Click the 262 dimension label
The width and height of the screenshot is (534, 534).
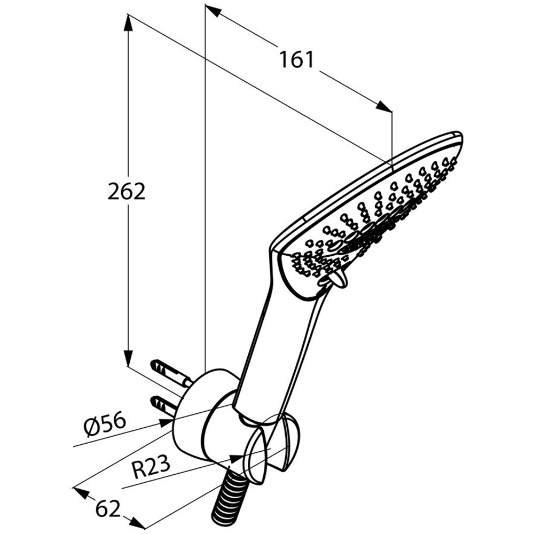pos(127,192)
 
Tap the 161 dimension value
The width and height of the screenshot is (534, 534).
pos(296,60)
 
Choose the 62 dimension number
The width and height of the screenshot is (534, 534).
pos(108,508)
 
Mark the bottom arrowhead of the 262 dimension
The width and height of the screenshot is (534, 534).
pos(128,357)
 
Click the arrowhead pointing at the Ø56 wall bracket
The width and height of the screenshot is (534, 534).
pos(165,423)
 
